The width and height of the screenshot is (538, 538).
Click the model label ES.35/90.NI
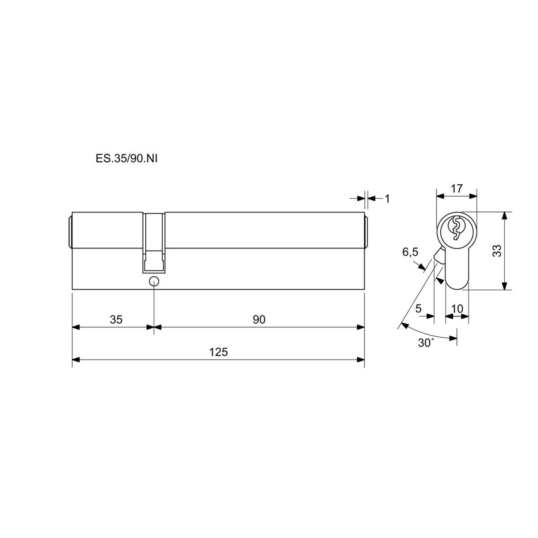[126, 159]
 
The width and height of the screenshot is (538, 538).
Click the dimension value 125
[219, 352]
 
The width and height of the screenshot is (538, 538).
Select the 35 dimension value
[116, 319]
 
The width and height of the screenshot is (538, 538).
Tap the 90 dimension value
[259, 319]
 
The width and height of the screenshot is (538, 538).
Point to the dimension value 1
[387, 199]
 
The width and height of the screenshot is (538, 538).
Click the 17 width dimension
[457, 188]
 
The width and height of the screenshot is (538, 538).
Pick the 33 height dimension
[497, 251]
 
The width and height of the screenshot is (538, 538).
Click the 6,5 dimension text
[410, 252]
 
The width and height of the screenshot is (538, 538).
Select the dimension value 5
[418, 308]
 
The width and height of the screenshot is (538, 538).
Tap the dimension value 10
[457, 308]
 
